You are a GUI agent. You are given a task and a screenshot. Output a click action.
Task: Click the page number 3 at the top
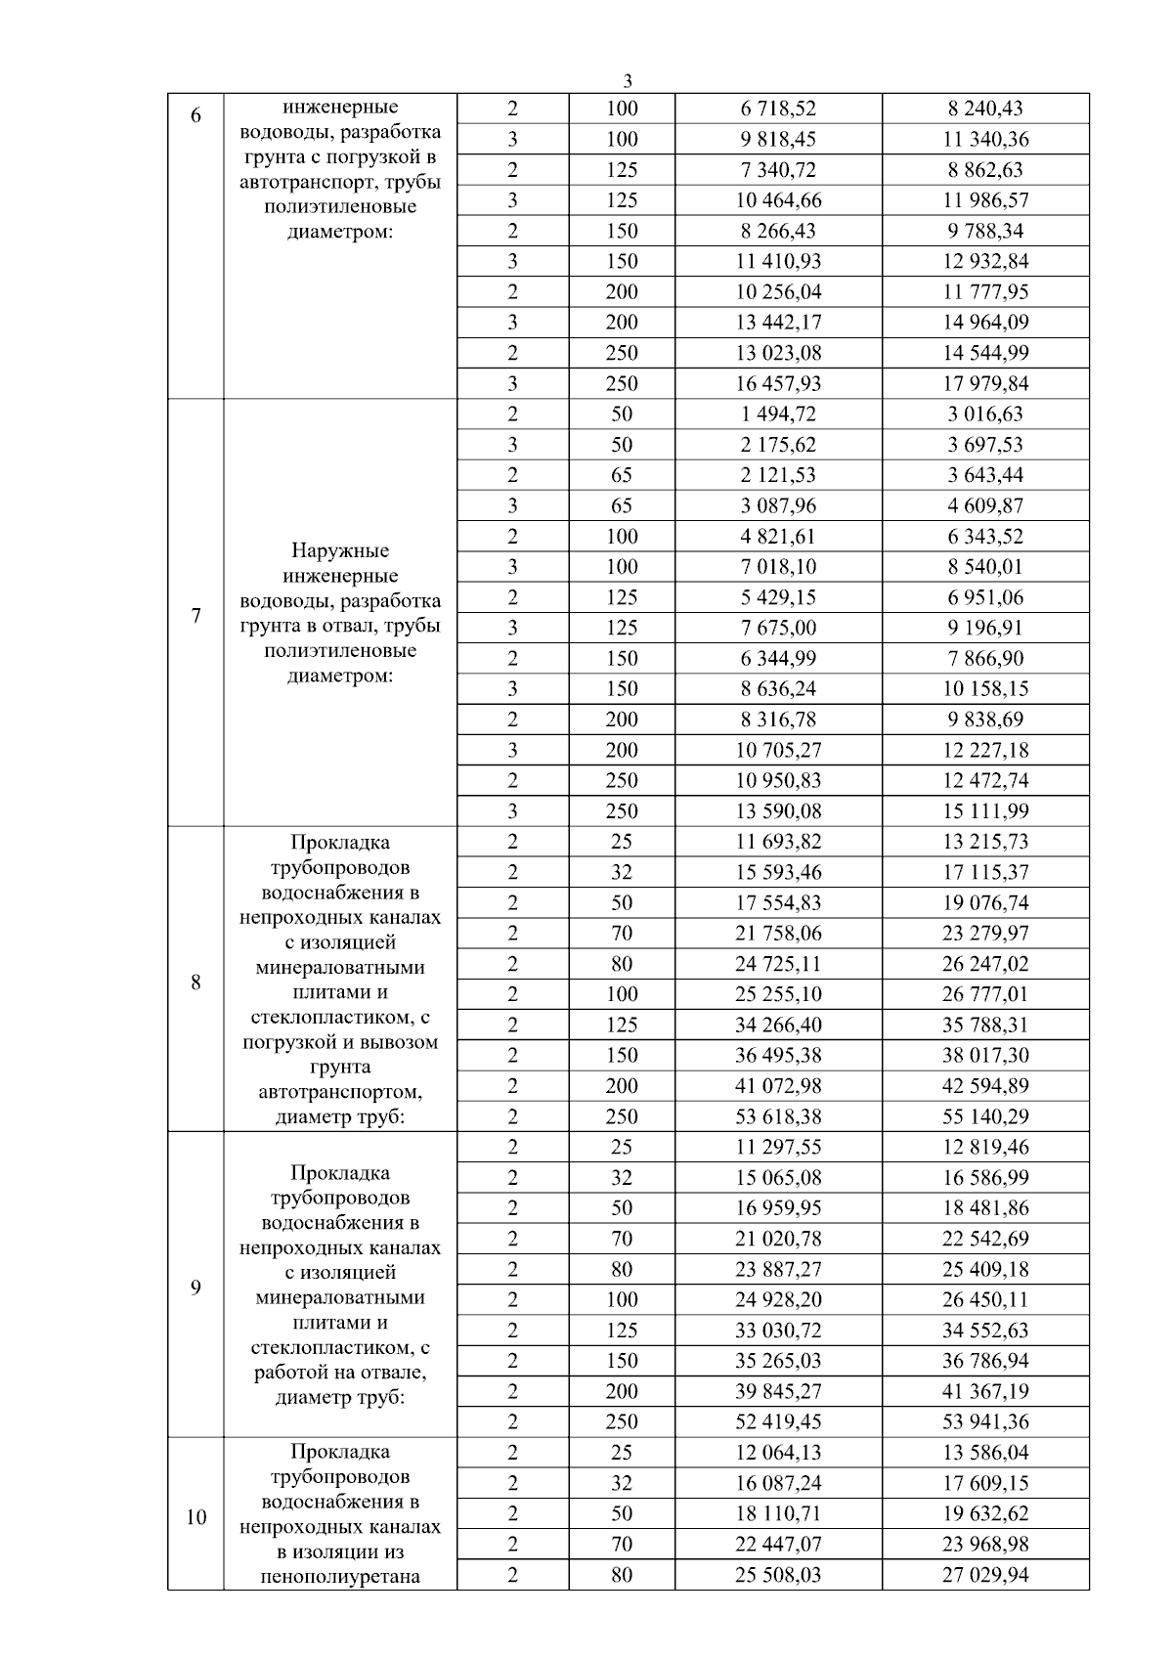click(628, 81)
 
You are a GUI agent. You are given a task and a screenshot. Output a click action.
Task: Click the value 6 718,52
click(778, 109)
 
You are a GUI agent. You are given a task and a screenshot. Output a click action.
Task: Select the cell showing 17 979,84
click(985, 383)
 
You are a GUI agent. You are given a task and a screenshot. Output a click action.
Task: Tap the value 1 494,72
click(778, 414)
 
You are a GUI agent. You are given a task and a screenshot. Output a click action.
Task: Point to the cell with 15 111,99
click(985, 810)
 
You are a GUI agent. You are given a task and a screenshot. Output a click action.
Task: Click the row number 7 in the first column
click(195, 615)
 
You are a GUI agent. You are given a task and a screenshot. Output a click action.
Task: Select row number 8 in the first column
click(195, 982)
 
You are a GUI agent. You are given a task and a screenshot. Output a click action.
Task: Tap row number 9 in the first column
click(195, 1287)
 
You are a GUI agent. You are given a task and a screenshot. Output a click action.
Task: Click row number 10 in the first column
click(195, 1517)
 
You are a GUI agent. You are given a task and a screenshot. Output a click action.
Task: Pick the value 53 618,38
click(778, 1116)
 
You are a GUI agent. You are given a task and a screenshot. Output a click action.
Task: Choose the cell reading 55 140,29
click(985, 1116)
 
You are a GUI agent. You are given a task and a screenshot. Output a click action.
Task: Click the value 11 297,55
click(778, 1147)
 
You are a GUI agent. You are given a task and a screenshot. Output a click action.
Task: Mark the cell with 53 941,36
click(985, 1421)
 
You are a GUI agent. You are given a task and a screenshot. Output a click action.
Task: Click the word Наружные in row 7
click(340, 550)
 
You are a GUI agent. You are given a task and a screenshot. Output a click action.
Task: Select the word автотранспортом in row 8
click(340, 1092)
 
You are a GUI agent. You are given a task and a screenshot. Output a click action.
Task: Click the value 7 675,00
click(778, 628)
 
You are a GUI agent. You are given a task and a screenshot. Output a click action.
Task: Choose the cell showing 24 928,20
click(778, 1299)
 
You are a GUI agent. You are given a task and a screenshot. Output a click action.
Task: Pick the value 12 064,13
click(778, 1452)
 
